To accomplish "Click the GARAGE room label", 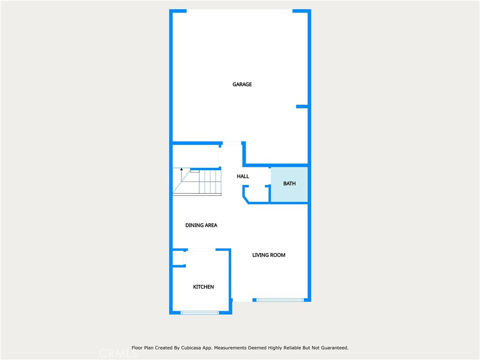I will tap(242, 84).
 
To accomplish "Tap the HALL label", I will tap(243, 176).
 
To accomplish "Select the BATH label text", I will tap(289, 184).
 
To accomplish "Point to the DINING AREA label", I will tap(201, 225).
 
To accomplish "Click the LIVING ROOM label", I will tap(269, 255).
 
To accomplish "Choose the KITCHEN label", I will tap(203, 287).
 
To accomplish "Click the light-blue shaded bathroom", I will tap(289, 192).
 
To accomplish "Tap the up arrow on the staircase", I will tap(181, 170).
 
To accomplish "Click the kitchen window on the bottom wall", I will tap(200, 312).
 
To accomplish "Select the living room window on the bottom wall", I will tap(280, 300).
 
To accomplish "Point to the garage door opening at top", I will tap(240, 11).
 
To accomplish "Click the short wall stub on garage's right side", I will tap(302, 107).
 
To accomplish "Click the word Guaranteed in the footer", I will tap(332, 348).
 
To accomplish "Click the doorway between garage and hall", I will tap(232, 143).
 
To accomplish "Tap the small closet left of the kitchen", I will tap(178, 258).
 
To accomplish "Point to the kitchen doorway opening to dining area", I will tap(201, 250).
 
